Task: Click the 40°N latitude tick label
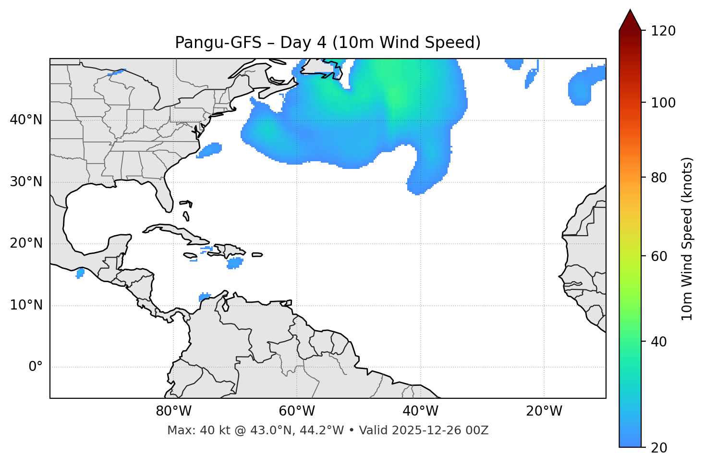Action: tap(26, 120)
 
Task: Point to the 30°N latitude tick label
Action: tap(26, 182)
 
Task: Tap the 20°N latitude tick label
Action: tap(26, 243)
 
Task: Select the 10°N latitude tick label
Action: tap(26, 305)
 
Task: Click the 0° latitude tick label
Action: tap(36, 367)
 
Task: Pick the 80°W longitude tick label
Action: tap(173, 411)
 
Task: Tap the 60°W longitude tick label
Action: tap(297, 411)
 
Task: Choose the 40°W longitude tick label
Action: tap(421, 411)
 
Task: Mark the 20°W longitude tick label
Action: tap(544, 411)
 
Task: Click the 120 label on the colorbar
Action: tap(663, 31)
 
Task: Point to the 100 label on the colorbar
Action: tap(663, 103)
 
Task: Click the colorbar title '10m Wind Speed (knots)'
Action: tap(687, 238)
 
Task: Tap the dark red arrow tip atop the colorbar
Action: tap(630, 19)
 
